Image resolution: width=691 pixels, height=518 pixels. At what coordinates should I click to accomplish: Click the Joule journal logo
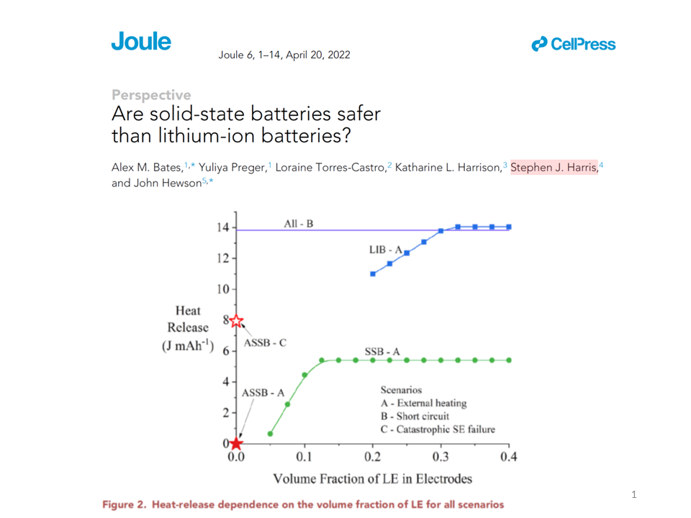click(x=141, y=42)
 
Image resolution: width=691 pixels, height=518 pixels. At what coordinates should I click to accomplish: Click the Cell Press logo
click(x=574, y=45)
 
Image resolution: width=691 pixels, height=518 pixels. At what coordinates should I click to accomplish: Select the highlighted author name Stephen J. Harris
click(x=554, y=168)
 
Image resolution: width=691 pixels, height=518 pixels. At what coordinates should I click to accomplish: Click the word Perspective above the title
click(x=151, y=95)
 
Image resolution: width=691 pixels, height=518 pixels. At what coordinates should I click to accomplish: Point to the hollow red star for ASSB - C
click(x=237, y=322)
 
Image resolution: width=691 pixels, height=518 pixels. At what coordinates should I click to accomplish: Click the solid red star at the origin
click(x=236, y=443)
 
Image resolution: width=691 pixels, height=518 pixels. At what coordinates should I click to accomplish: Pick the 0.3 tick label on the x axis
click(x=441, y=457)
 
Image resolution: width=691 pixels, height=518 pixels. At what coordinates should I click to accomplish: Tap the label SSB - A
click(x=382, y=352)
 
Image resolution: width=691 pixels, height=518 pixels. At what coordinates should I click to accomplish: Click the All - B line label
click(x=299, y=224)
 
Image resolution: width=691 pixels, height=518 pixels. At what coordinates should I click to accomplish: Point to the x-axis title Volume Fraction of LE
click(x=371, y=478)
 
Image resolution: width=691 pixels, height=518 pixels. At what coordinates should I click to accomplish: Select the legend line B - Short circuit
click(x=415, y=416)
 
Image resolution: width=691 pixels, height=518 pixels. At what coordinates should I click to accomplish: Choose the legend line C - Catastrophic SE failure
click(x=438, y=430)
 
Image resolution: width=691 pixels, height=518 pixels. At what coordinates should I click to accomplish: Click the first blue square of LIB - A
click(x=373, y=274)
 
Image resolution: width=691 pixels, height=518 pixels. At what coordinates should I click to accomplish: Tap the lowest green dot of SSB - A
click(x=270, y=434)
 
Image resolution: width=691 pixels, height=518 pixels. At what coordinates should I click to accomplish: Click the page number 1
click(x=633, y=494)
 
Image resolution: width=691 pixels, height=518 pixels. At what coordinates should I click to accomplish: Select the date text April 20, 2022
click(x=318, y=55)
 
